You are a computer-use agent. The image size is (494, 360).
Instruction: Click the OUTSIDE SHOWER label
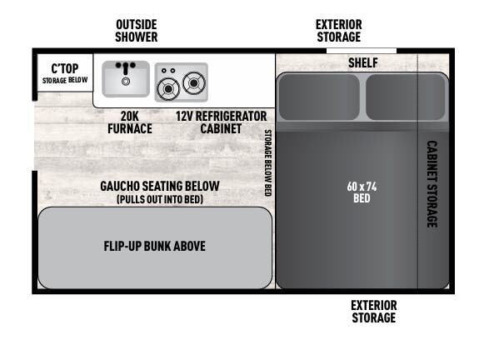click(136, 31)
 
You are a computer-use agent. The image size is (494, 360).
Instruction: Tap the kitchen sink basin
click(126, 79)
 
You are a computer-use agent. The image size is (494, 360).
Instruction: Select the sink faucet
click(126, 67)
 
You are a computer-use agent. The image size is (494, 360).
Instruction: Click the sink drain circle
click(126, 82)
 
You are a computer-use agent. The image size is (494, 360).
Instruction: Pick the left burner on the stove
click(168, 89)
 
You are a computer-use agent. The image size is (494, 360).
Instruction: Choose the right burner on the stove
click(194, 83)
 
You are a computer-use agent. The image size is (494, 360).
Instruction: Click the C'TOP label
click(65, 68)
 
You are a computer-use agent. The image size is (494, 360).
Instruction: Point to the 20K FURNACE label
click(130, 122)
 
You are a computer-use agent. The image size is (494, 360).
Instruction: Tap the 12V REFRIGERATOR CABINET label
click(221, 122)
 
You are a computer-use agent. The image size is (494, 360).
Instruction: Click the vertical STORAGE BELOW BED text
click(267, 162)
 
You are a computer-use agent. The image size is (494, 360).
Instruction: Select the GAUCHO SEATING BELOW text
click(160, 186)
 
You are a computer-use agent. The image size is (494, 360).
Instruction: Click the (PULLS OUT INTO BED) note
click(160, 199)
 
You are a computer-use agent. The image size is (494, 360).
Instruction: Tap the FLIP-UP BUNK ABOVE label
click(155, 246)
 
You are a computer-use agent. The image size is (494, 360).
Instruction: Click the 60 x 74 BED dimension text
click(362, 192)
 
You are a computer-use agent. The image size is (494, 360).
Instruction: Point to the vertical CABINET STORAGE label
click(432, 184)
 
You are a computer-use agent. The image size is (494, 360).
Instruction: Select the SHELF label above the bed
click(363, 62)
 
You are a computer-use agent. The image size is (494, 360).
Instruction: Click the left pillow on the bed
click(319, 97)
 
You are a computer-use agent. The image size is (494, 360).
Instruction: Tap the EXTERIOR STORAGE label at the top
click(339, 31)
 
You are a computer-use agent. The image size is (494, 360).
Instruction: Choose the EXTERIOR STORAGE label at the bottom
click(374, 312)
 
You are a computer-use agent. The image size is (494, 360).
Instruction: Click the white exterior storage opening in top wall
click(362, 51)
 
